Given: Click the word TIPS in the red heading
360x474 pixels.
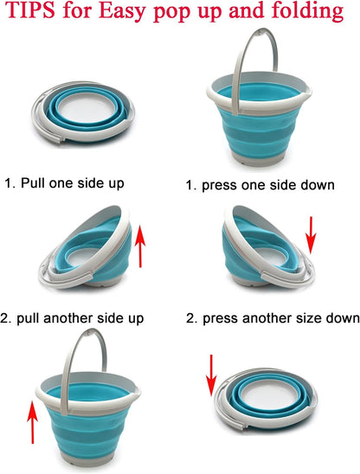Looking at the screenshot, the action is (x=30, y=10).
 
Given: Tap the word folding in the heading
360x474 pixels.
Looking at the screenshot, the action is (x=307, y=11).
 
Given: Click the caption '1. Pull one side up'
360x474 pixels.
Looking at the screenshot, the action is (x=64, y=183).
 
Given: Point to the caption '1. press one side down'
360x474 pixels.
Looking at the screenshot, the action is (x=260, y=185).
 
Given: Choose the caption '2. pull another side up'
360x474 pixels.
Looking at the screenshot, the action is (x=72, y=318).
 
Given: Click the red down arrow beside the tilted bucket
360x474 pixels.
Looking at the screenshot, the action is (x=311, y=234).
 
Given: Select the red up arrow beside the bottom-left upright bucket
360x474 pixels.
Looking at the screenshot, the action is (x=32, y=421).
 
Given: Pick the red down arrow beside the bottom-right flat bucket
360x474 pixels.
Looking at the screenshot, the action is (x=211, y=375).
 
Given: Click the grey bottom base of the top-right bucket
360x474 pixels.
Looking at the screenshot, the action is (x=260, y=159).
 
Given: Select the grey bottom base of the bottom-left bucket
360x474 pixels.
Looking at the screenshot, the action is (x=87, y=459).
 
